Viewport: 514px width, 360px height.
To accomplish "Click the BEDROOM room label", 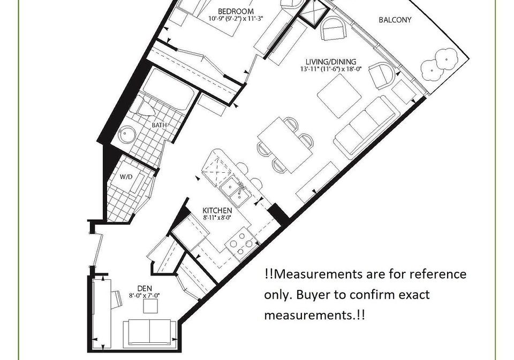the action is click(236, 12).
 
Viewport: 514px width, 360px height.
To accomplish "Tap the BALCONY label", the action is click(395, 20).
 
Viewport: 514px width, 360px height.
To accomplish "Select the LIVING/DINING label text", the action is click(330, 62).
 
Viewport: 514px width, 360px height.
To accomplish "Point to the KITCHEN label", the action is click(217, 211).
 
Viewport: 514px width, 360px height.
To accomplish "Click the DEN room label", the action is click(145, 289).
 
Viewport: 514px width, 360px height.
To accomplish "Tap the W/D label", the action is click(126, 177).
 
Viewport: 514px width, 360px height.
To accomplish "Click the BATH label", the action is click(159, 125).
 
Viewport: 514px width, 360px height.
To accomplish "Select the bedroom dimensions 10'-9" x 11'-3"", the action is click(236, 19).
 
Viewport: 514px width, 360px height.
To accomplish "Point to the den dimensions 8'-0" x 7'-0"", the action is click(145, 295).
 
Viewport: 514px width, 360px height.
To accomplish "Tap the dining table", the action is click(285, 145).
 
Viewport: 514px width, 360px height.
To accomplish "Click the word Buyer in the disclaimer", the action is click(314, 295).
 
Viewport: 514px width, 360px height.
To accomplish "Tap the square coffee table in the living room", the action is click(339, 96).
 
